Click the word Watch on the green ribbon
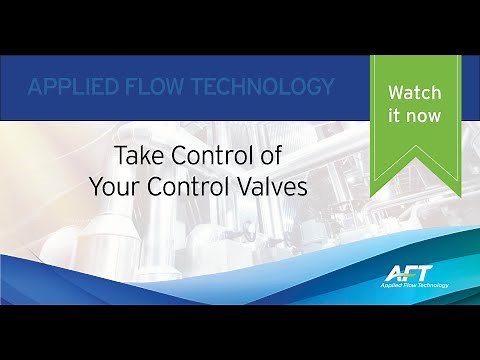coord(413,93)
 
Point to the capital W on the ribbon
coord(394,93)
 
